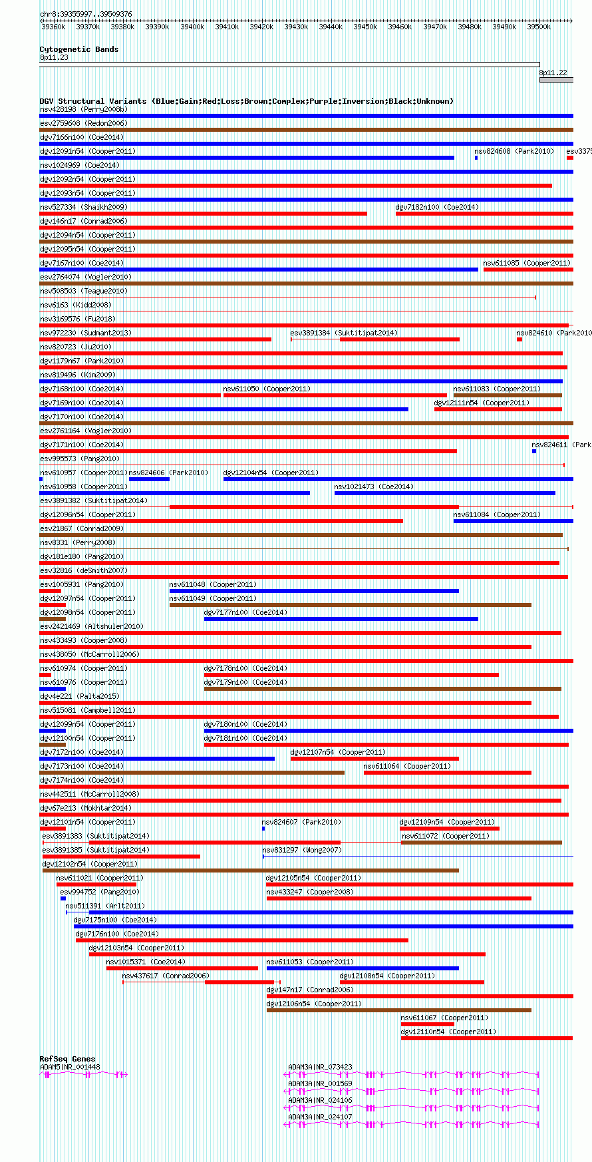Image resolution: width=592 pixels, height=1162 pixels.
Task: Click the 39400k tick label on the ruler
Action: (192, 27)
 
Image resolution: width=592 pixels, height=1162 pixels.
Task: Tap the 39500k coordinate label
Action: (539, 27)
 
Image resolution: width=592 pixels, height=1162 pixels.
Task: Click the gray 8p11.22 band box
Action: (556, 80)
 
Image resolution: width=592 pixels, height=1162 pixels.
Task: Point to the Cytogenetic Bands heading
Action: (78, 49)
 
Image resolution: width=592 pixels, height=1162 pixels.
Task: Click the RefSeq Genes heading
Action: (67, 1059)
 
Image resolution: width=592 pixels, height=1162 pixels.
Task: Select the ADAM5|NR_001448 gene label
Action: (70, 1067)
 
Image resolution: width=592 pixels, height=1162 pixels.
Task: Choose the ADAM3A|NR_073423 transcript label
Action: (320, 1067)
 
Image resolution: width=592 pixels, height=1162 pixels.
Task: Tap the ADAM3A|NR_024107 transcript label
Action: (320, 1117)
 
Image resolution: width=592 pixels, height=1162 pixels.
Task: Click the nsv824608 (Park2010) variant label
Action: (514, 151)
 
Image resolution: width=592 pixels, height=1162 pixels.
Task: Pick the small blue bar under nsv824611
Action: (534, 451)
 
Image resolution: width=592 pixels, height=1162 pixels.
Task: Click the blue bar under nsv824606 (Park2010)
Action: (149, 479)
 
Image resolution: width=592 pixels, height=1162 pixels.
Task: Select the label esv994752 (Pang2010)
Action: (99, 892)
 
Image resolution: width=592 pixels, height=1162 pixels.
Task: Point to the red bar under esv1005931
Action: (50, 591)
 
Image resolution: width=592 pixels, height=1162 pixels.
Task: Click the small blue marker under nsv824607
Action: (263, 829)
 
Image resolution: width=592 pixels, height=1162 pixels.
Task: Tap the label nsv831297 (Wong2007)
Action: (301, 850)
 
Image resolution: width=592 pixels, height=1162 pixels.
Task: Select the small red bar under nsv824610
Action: (519, 339)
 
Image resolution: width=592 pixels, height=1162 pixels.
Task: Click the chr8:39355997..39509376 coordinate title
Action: (86, 14)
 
